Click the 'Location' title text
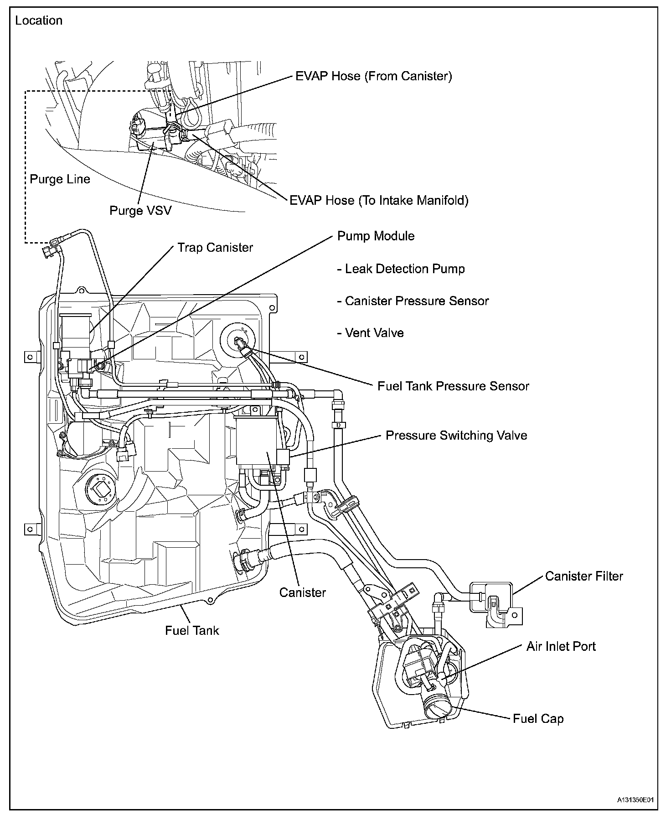tap(39, 21)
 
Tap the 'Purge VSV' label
tap(140, 211)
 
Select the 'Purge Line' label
tap(60, 179)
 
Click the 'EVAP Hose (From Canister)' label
tap(374, 76)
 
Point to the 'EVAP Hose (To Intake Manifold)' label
tap(379, 200)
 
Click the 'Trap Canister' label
tap(215, 248)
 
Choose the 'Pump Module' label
tap(376, 236)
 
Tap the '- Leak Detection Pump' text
tap(401, 269)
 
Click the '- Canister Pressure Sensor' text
tap(413, 301)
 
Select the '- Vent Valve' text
tap(370, 333)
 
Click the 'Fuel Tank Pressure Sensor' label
tap(453, 386)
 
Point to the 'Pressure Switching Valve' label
tap(456, 436)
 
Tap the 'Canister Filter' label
tap(583, 576)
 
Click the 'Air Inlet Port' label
tap(561, 647)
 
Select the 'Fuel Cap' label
tap(538, 719)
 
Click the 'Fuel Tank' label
tap(192, 631)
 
